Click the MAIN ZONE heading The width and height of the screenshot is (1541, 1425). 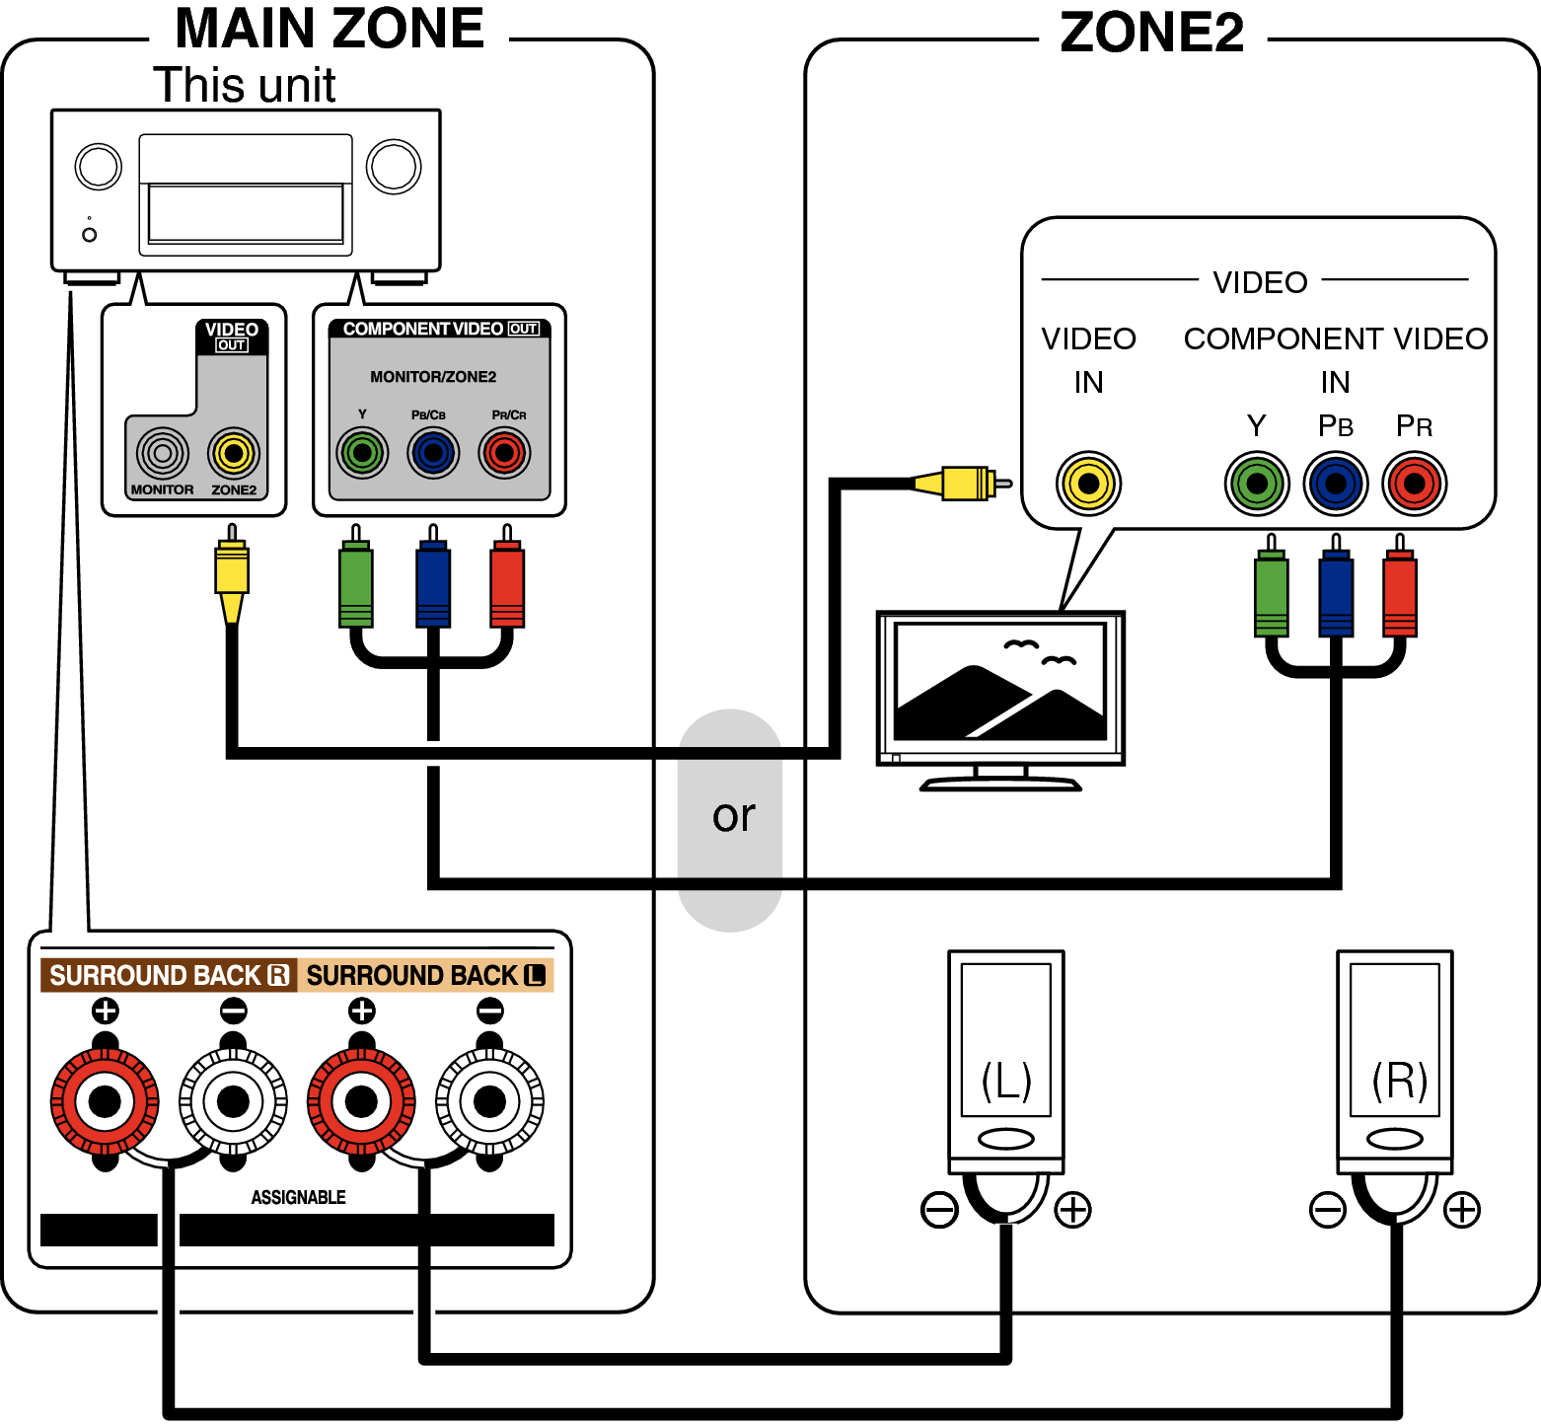(x=329, y=30)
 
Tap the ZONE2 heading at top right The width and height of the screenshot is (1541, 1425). (x=1151, y=34)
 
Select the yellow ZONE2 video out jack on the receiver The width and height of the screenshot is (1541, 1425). (x=234, y=453)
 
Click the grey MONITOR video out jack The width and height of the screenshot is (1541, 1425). (x=163, y=453)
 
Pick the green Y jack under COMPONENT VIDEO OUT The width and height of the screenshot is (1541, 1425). (x=362, y=453)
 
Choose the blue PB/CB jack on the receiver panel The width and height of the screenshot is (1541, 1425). (x=432, y=453)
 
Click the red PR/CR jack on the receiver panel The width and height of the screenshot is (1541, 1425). (x=504, y=453)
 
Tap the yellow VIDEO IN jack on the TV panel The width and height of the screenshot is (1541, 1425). (x=1088, y=484)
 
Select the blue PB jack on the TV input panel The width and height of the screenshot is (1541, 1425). (x=1335, y=484)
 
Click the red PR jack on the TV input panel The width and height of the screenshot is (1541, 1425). (x=1414, y=484)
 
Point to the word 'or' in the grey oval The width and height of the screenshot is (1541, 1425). (x=733, y=816)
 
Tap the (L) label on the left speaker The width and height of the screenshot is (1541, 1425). (x=1006, y=1081)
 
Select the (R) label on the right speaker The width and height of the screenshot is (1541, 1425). (x=1399, y=1081)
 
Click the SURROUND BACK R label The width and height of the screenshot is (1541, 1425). (x=169, y=975)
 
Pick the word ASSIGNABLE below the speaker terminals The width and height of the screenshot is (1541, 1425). (x=298, y=1197)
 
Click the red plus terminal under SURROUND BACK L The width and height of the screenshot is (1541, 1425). (x=361, y=1101)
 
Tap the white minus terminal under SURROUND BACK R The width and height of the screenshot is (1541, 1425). (x=233, y=1101)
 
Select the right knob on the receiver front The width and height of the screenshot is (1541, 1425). (x=394, y=166)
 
